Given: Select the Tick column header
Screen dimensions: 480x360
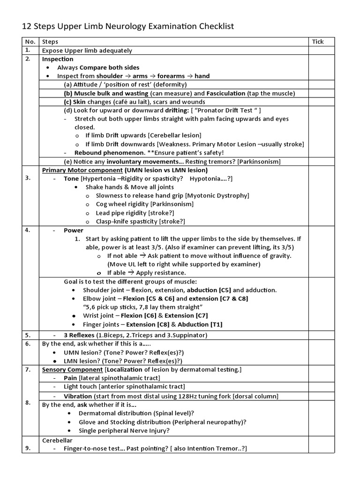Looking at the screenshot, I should [318, 42].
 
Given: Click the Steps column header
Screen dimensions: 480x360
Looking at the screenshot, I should [50, 42].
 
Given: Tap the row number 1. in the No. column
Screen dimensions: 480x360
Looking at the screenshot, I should [28, 50].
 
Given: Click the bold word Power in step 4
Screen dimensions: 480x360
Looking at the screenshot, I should [74, 230].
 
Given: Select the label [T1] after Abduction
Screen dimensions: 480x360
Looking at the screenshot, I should [217, 324].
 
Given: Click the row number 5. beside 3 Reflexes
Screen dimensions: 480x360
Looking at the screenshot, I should [28, 335].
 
